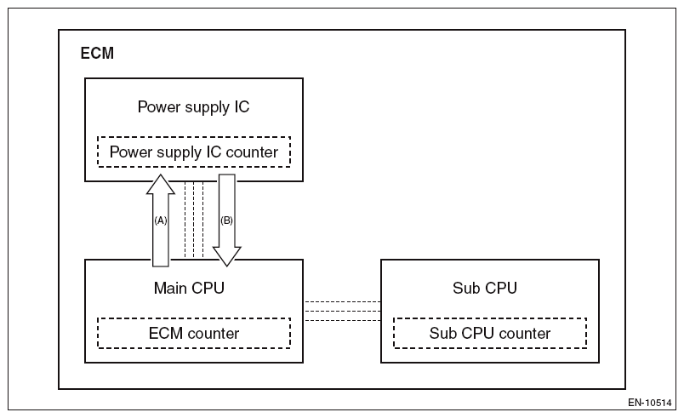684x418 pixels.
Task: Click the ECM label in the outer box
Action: [97, 54]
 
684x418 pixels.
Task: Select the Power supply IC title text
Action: [193, 107]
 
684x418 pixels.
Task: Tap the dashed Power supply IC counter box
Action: [194, 152]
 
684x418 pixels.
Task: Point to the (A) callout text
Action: [160, 220]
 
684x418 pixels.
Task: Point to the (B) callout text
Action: [226, 220]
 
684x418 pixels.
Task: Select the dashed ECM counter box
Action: [194, 333]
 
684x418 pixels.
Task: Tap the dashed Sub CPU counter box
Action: [489, 333]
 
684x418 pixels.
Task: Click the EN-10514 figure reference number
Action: [651, 401]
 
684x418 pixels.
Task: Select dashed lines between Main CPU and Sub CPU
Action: [342, 312]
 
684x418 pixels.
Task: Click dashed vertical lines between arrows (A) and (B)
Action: [194, 220]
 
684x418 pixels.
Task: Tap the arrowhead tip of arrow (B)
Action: [226, 266]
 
